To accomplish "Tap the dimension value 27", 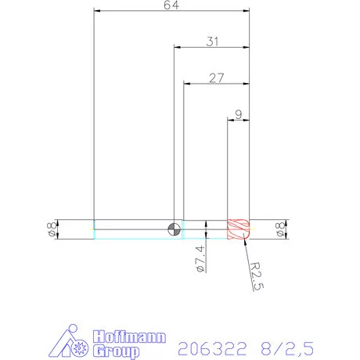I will (217, 77).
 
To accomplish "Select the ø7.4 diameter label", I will (200, 258).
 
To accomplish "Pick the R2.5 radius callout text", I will (255, 275).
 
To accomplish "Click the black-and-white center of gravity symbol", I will (174, 229).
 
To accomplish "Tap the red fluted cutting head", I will (237, 229).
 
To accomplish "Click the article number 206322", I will (211, 345).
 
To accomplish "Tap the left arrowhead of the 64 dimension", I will (97, 11).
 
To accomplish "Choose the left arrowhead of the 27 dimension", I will (186, 82).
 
